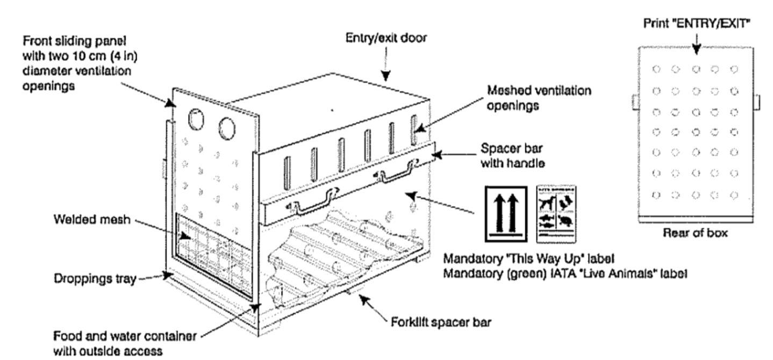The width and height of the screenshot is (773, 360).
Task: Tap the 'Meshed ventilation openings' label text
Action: pyautogui.click(x=539, y=97)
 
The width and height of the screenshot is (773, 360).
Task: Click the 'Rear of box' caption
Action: pyautogui.click(x=696, y=234)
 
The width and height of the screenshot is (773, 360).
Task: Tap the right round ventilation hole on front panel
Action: pyautogui.click(x=227, y=126)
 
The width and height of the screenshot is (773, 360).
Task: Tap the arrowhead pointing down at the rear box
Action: pyautogui.click(x=696, y=52)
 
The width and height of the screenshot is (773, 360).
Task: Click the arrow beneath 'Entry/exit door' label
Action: pyautogui.click(x=385, y=73)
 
